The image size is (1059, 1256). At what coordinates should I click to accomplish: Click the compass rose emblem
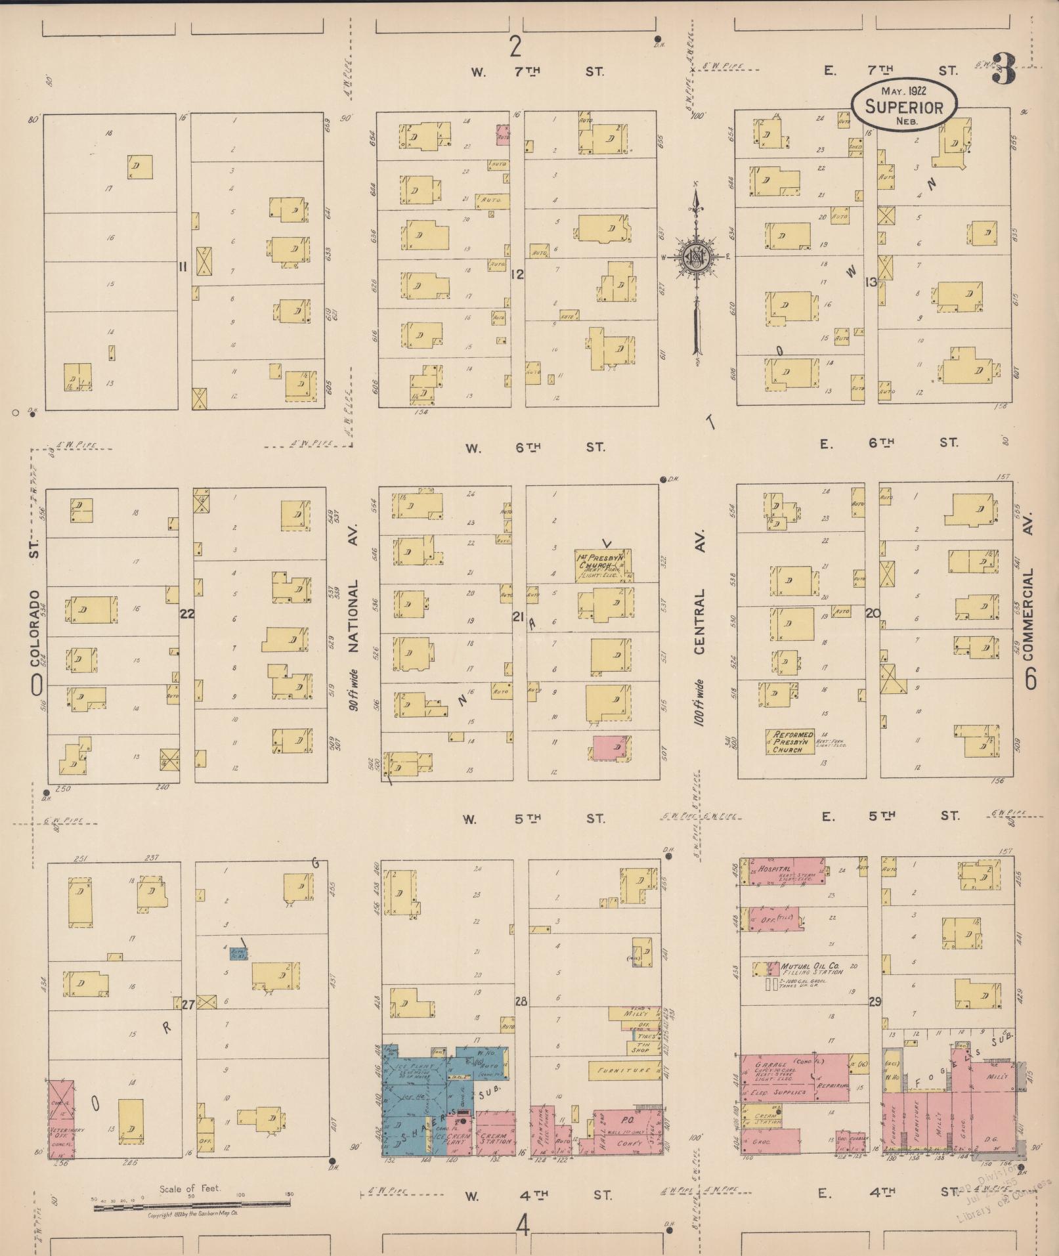pyautogui.click(x=694, y=257)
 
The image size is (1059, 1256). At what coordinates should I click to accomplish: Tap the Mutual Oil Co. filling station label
pyautogui.click(x=810, y=967)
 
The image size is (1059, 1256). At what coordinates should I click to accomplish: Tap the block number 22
pyautogui.click(x=187, y=614)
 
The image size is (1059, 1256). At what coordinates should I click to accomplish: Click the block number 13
pyautogui.click(x=871, y=282)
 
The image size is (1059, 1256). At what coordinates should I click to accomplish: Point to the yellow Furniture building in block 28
pyautogui.click(x=621, y=1070)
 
